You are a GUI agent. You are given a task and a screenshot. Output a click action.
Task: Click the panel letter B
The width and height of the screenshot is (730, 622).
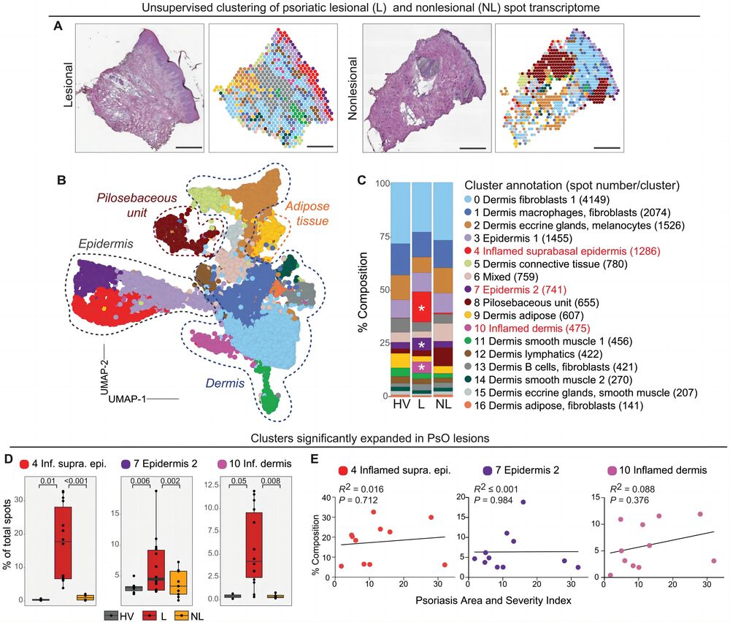point(61,180)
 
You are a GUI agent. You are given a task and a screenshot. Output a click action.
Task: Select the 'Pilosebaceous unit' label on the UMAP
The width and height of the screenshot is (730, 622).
point(137,205)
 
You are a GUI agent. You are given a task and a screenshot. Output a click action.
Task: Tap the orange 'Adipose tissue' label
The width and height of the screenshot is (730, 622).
point(307,213)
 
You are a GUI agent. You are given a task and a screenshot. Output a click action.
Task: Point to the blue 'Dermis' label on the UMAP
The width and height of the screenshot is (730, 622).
point(225,383)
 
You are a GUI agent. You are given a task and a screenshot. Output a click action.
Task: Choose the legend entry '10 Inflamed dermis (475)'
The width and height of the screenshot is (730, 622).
point(532,329)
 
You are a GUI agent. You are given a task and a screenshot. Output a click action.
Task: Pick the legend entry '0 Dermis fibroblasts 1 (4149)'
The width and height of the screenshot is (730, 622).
point(542,200)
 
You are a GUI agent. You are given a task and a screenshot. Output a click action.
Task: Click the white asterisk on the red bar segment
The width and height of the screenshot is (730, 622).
point(421,308)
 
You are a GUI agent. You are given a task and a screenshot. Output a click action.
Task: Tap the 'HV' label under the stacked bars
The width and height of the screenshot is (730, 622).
point(401,404)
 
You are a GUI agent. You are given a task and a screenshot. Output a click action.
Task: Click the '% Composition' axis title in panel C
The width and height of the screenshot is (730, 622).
point(363,292)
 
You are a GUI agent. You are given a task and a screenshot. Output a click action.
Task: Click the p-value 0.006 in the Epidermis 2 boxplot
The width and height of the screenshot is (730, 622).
point(140,481)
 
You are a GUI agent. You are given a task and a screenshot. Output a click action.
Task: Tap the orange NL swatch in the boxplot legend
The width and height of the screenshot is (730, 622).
point(181,615)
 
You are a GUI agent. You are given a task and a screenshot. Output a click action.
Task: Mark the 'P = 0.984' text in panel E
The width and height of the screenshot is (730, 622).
point(493,500)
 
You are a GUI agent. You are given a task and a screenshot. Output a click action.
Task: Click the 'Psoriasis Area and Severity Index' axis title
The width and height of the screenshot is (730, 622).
point(493,601)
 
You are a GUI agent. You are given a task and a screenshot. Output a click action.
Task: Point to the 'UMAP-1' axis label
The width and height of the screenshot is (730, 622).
point(126,399)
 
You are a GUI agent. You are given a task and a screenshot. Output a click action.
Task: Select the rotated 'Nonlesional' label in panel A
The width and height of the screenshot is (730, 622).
point(353,88)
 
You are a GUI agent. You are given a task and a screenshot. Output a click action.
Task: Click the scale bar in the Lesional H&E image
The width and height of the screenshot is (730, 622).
point(190,147)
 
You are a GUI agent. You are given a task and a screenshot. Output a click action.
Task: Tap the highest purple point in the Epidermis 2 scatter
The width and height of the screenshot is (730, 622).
point(523,502)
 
